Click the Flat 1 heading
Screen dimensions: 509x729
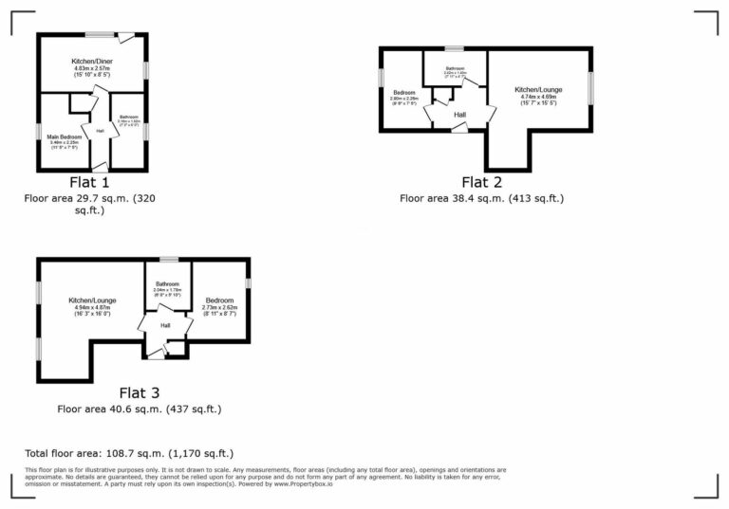click(91, 182)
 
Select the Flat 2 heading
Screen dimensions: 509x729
click(482, 182)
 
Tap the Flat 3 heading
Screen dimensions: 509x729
click(140, 392)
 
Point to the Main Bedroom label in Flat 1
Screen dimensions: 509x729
click(65, 136)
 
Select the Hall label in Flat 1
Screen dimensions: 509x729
click(100, 130)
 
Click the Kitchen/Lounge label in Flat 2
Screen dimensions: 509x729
click(539, 90)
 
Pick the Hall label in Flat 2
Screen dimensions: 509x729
click(459, 115)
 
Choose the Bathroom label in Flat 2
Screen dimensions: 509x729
click(457, 68)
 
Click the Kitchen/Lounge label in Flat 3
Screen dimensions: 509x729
click(92, 300)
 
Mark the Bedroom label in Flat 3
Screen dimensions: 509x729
click(219, 300)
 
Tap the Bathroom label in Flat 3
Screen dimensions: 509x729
click(168, 283)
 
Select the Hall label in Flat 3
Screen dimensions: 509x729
click(164, 325)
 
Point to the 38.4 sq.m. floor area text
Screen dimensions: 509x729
click(482, 199)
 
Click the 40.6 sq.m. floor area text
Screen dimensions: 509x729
click(140, 409)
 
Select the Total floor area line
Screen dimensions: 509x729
click(128, 454)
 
